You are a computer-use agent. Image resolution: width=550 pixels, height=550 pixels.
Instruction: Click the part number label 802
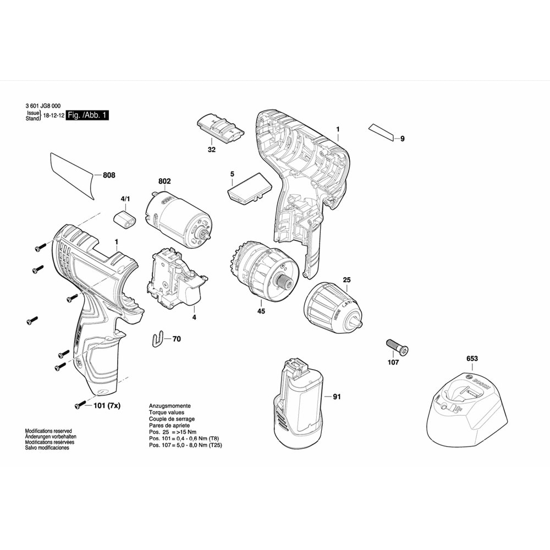coord(164,181)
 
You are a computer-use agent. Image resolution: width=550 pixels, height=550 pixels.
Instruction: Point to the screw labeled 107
coord(397,347)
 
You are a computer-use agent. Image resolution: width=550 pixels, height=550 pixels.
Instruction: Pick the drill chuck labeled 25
coord(329,309)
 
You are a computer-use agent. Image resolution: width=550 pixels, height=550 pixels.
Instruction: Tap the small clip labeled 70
coord(158,339)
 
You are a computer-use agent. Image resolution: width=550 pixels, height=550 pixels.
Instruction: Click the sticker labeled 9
coord(382,133)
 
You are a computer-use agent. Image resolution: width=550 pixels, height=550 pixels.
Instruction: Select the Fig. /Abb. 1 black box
coord(87,116)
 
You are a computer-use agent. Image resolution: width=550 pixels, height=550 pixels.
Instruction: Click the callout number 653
coord(472,359)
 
